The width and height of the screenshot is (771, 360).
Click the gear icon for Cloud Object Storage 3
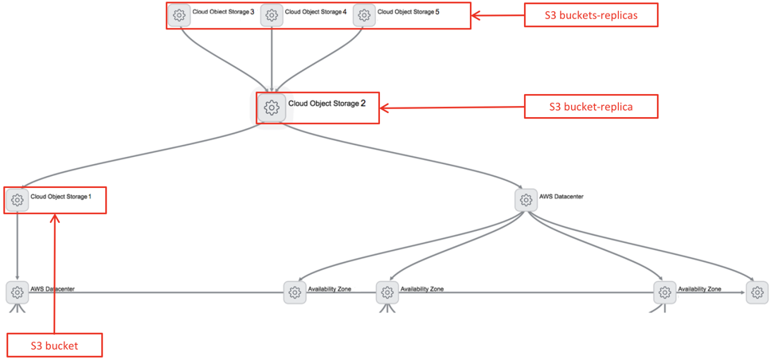(x=179, y=15)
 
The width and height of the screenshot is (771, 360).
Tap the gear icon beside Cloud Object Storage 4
(x=272, y=15)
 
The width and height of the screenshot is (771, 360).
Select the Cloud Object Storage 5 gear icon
(x=364, y=15)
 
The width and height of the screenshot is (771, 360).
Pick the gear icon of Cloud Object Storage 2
(x=272, y=107)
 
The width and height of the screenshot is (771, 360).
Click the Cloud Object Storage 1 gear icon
(x=18, y=200)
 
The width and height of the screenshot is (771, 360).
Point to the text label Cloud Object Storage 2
(x=327, y=104)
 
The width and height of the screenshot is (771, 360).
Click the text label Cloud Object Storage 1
(x=61, y=196)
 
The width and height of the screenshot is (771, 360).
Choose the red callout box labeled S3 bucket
(x=54, y=345)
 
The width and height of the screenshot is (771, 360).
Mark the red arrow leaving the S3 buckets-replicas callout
(x=498, y=15)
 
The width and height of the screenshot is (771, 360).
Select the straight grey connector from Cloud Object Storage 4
(x=272, y=60)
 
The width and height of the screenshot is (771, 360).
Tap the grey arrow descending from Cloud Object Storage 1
(x=18, y=246)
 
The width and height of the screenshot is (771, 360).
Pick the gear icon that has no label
(x=757, y=292)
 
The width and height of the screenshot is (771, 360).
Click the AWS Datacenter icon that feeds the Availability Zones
(x=526, y=200)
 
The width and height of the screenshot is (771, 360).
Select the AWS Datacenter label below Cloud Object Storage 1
(x=53, y=289)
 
